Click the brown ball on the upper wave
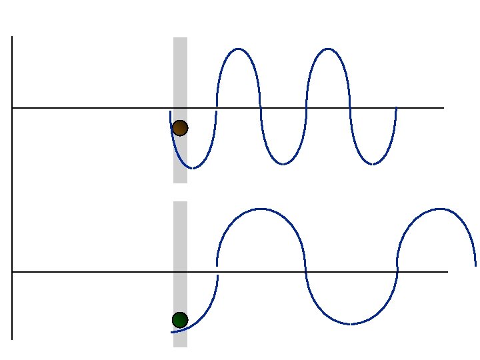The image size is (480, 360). click(x=180, y=128)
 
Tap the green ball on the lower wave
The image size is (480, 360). click(x=180, y=320)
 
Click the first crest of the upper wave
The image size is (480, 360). click(x=238, y=49)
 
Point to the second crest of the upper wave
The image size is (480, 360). click(x=328, y=49)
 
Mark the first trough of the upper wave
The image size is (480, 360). click(x=193, y=168)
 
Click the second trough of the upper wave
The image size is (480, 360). click(x=283, y=164)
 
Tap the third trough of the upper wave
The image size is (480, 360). click(x=373, y=164)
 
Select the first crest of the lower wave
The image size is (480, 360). click(x=261, y=209)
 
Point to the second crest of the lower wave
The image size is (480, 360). click(x=439, y=209)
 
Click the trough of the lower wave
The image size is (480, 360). click(x=351, y=324)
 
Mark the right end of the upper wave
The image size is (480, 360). click(x=396, y=107)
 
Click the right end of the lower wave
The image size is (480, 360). click(x=475, y=265)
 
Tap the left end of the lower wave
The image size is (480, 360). click(x=171, y=332)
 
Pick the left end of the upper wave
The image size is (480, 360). click(x=171, y=112)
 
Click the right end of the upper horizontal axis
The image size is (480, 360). click(x=443, y=107)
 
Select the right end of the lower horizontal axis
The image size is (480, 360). click(x=447, y=272)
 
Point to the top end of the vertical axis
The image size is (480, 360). click(x=12, y=37)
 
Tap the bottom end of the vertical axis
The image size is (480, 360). click(x=12, y=339)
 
